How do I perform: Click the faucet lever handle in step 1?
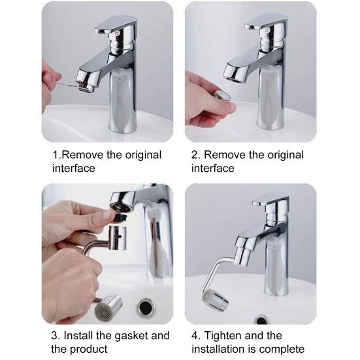pos(116,24)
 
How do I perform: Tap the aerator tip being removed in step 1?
pos(86,87)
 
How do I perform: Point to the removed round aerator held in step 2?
pos(223,95)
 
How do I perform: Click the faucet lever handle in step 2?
pos(267,22)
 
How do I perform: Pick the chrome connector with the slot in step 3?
pos(117,238)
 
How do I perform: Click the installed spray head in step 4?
pos(215,300)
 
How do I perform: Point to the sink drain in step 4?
pos(261,319)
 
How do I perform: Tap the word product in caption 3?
pos(88,349)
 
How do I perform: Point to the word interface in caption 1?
pos(74,168)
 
